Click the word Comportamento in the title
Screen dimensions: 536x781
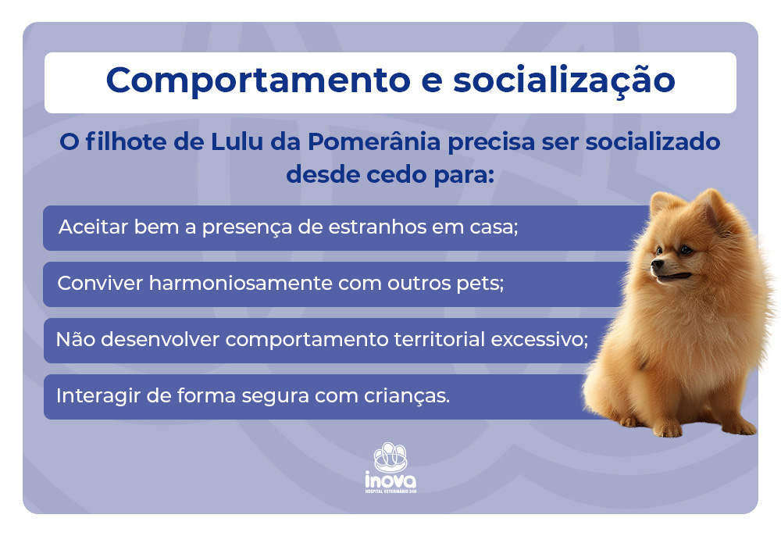(248, 80)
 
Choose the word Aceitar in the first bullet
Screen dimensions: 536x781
(87, 228)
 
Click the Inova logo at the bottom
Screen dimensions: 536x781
(390, 469)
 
